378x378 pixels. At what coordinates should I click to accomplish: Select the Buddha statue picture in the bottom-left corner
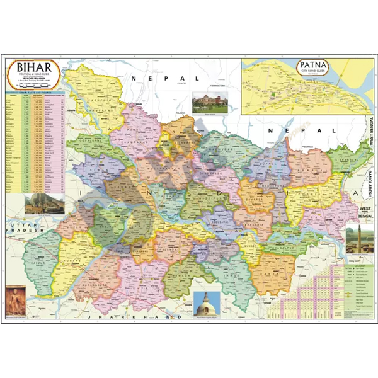tap(13, 300)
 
